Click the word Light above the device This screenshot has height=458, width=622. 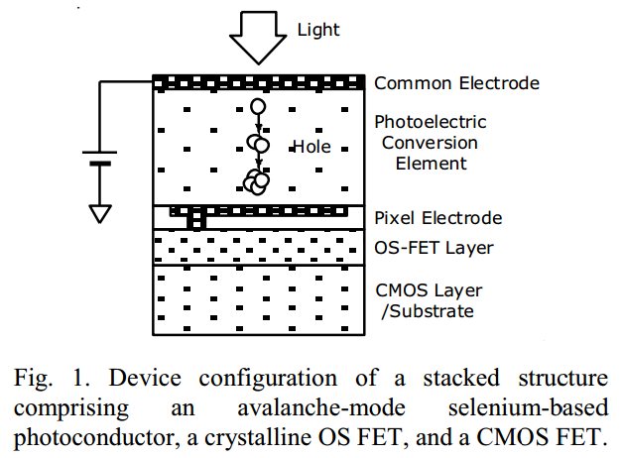[317, 30]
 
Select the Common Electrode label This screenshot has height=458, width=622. [457, 83]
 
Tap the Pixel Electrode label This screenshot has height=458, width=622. [438, 218]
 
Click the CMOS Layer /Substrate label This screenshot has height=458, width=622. [429, 300]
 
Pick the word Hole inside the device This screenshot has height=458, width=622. [311, 147]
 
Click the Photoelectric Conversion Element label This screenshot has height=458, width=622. [431, 143]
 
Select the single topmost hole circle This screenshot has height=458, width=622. [258, 106]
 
